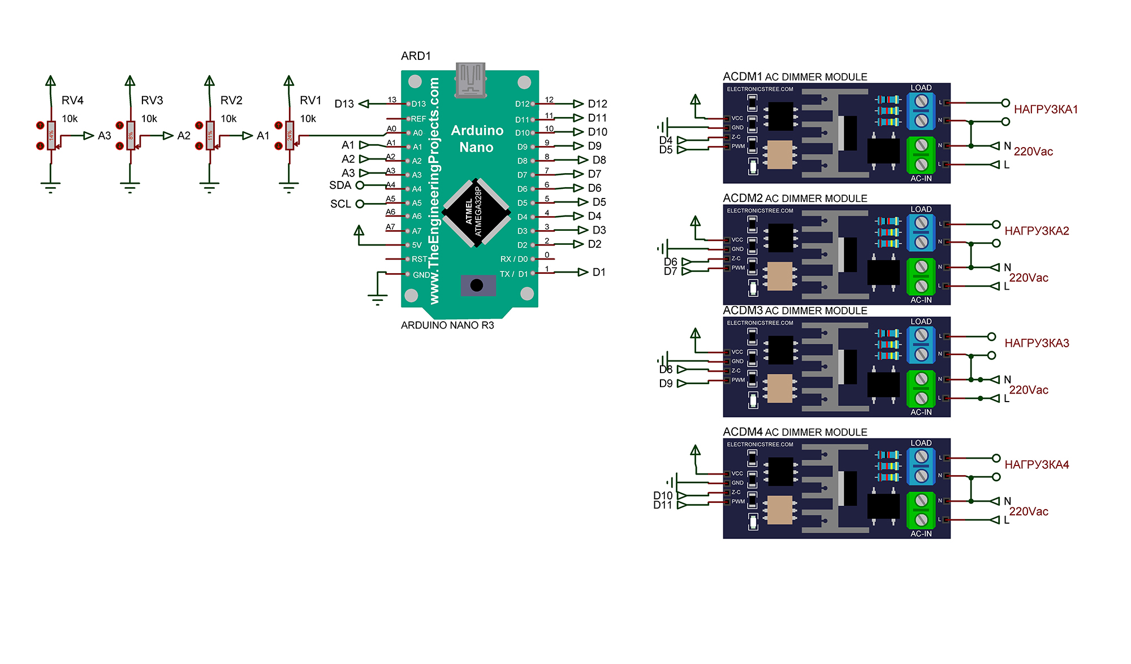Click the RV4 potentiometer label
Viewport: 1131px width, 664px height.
[x=72, y=100]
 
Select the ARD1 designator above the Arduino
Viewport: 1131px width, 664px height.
[x=416, y=56]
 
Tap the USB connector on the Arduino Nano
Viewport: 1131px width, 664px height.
[x=470, y=80]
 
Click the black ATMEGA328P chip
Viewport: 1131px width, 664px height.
[x=476, y=213]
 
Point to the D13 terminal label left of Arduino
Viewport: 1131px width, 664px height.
[x=344, y=104]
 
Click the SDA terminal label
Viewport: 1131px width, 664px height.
[x=340, y=186]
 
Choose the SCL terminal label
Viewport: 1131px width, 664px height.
[x=340, y=204]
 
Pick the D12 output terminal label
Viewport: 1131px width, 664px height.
[x=597, y=104]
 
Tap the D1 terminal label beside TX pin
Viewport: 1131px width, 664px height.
[x=599, y=273]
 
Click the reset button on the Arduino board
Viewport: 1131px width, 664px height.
[x=477, y=286]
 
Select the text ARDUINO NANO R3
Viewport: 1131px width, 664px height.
[x=447, y=325]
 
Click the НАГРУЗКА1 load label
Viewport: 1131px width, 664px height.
[x=1046, y=110]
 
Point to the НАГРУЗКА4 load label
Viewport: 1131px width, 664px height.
[x=1037, y=465]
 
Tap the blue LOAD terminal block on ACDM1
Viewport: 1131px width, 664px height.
[x=921, y=111]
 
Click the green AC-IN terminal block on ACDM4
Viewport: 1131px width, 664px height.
[x=921, y=510]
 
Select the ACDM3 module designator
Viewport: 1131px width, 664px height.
[x=743, y=311]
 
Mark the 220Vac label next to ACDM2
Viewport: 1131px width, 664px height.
[x=1029, y=278]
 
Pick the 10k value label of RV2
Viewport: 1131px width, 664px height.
[x=228, y=119]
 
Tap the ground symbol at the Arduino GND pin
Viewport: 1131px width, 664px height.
[x=377, y=298]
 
